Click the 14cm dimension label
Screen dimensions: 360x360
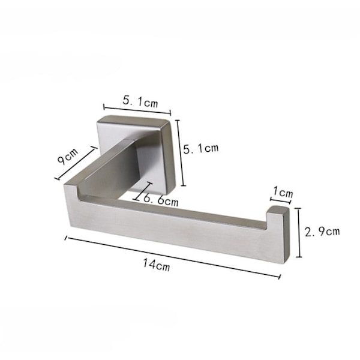157,265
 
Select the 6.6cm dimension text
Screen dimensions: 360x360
161,200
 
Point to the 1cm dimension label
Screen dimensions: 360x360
283,193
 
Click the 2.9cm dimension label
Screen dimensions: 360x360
322,231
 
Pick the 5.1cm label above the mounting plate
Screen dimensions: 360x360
140,101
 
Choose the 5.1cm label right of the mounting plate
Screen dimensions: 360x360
200,148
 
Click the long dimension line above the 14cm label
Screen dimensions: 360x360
173,257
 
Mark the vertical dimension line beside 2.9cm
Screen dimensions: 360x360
298,233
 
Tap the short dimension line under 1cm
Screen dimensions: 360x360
281,200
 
